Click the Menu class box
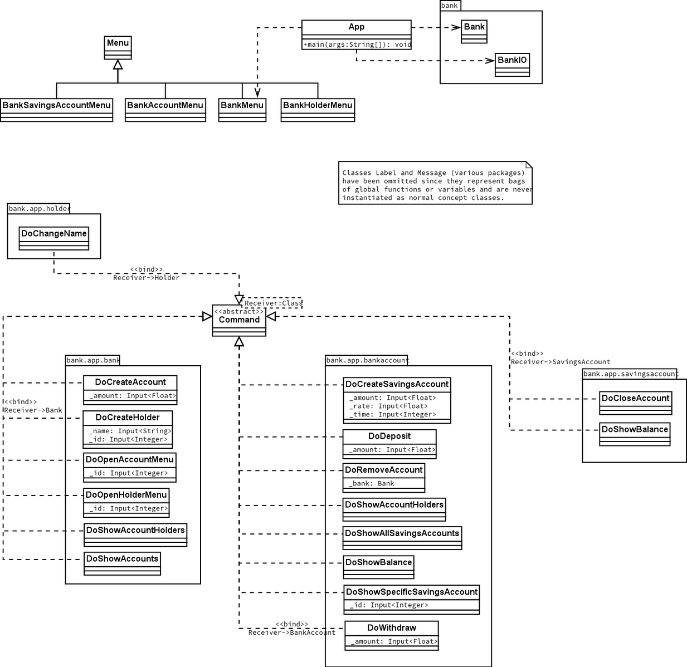118,48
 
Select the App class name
356,27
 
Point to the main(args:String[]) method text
357,45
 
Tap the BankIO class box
512,65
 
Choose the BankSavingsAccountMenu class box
56,110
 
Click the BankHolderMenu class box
318,110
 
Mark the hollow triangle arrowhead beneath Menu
118,64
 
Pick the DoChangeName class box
53,238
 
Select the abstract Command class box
239,320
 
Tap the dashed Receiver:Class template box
272,303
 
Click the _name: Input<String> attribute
130,431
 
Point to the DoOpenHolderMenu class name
126,494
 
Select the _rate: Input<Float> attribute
388,406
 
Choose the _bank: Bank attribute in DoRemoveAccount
372,483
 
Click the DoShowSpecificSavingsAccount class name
412,592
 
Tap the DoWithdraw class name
392,627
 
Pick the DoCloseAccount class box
635,403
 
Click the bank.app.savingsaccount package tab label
630,374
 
